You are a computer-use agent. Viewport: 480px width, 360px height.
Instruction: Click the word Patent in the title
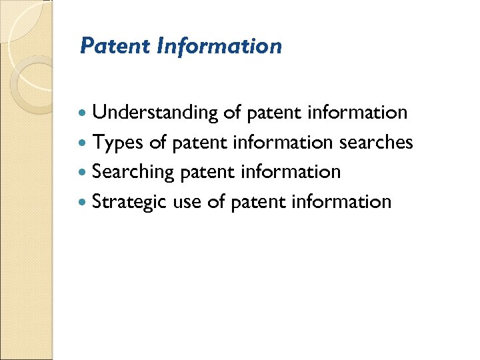click(x=115, y=46)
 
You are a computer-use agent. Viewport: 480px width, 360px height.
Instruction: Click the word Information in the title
click(x=220, y=46)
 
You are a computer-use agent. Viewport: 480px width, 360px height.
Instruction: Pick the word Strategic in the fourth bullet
click(x=129, y=201)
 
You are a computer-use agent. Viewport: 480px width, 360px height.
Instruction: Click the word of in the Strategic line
click(x=215, y=201)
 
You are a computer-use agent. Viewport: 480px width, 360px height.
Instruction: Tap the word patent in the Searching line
click(x=207, y=172)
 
